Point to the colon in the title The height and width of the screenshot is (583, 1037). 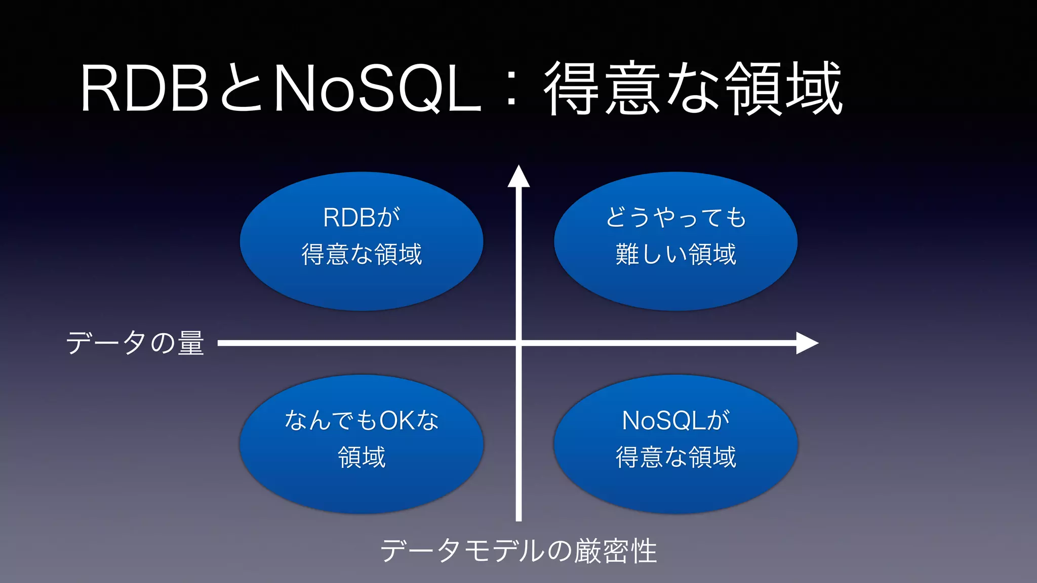pos(512,90)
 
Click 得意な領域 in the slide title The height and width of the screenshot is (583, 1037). pos(693,89)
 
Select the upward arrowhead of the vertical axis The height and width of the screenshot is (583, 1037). pos(518,177)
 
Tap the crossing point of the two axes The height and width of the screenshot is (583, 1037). pos(518,343)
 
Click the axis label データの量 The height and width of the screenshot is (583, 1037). pos(135,343)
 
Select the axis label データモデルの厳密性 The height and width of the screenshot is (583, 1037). pos(518,551)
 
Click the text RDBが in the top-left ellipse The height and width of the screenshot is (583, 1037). pos(362,218)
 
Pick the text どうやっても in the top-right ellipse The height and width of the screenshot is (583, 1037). pos(676,218)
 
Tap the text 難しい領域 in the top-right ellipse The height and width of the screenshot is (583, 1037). pos(676,254)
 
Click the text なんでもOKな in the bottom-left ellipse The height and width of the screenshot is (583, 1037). pos(362,421)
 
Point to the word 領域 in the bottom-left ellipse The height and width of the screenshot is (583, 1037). pos(362,457)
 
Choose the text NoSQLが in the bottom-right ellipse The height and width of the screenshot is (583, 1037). pos(676,421)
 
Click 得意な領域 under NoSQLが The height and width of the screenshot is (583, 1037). pos(676,457)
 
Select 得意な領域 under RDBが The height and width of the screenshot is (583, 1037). pos(362,254)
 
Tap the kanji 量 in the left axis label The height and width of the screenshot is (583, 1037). pos(191,343)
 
